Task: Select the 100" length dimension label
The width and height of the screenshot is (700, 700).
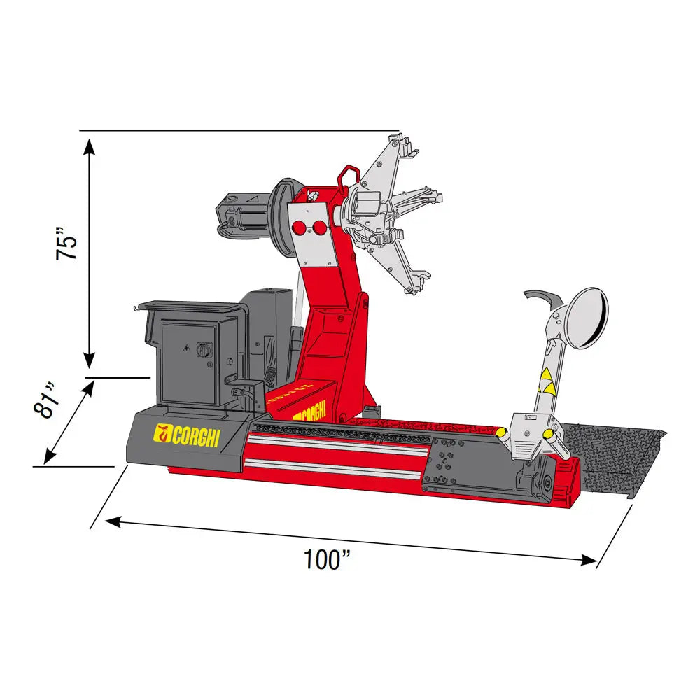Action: click(327, 559)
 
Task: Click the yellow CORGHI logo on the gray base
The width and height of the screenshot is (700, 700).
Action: click(187, 436)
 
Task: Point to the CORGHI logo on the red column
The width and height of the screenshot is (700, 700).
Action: click(309, 412)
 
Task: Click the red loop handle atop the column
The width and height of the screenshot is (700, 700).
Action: click(349, 177)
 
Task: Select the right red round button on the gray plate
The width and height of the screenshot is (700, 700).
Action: click(319, 228)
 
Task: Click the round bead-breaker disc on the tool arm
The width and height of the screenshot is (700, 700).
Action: click(587, 318)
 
